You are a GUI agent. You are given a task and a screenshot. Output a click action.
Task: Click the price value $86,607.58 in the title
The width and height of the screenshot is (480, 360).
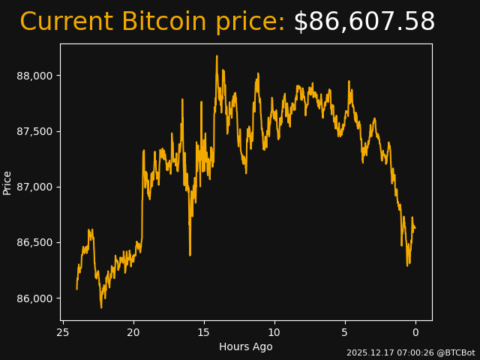364,22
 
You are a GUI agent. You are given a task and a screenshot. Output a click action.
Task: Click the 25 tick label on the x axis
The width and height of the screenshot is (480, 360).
63,332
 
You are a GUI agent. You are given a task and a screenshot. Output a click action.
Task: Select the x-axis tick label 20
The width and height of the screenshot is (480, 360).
133,332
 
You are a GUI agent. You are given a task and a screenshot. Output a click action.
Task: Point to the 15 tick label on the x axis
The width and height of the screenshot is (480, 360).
204,332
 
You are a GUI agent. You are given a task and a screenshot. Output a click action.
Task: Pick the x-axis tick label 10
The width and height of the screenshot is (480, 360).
274,332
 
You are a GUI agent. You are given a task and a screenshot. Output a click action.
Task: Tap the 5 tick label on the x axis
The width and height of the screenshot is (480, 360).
345,332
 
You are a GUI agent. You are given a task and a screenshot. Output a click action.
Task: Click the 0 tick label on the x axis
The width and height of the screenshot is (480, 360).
415,332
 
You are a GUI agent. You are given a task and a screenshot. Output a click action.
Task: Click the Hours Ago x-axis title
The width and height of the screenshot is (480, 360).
246,346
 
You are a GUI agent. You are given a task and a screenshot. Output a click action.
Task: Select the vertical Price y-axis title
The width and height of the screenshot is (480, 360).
7,182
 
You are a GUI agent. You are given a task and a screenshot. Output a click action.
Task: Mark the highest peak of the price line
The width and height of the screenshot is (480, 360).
217,56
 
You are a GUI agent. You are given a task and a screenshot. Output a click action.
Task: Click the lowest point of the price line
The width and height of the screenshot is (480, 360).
101,307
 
